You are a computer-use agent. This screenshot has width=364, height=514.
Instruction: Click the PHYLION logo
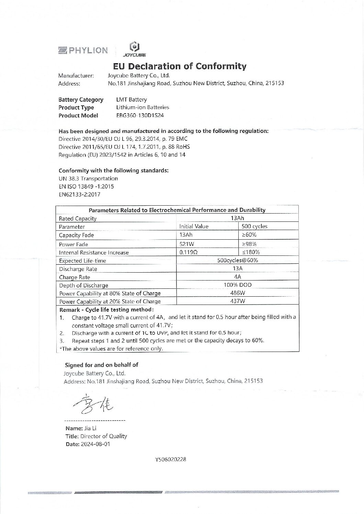click(x=83, y=50)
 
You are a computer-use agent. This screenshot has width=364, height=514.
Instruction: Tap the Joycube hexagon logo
click(x=134, y=47)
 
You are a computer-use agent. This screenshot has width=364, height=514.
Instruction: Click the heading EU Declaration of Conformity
click(x=180, y=66)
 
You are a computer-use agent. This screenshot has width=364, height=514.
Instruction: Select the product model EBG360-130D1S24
click(x=140, y=115)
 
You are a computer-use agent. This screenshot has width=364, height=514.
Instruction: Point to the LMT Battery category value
click(x=132, y=100)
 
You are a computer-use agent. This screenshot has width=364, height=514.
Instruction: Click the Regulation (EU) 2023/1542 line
click(x=123, y=155)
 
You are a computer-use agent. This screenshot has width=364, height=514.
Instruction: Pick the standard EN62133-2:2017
click(x=80, y=194)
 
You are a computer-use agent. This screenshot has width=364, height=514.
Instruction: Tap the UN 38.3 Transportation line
click(x=88, y=179)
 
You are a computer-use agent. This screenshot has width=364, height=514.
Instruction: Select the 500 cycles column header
click(x=254, y=227)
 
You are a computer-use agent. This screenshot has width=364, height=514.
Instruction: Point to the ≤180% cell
click(x=251, y=252)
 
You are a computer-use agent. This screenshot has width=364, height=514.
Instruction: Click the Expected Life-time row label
click(x=82, y=261)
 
